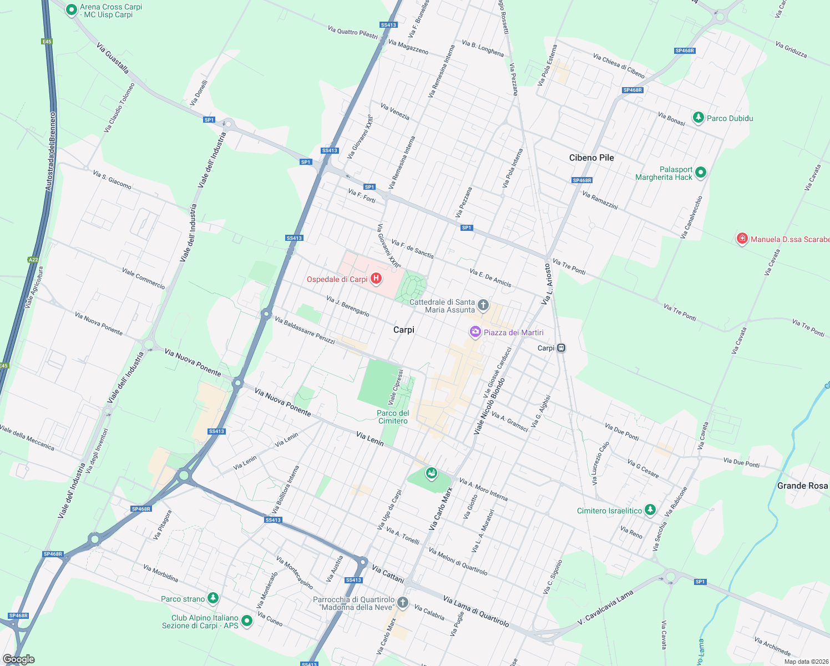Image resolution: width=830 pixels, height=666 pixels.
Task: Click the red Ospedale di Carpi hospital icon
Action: click(376, 279)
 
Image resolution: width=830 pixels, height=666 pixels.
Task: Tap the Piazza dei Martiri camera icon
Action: click(475, 332)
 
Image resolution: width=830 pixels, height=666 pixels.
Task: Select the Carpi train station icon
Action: click(561, 348)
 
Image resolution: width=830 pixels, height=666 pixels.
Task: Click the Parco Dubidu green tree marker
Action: click(699, 118)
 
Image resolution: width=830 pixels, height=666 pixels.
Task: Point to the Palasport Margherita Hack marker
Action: click(701, 173)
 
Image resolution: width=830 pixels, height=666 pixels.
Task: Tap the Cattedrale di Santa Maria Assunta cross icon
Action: click(483, 305)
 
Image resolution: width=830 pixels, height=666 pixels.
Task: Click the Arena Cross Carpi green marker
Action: click(71, 10)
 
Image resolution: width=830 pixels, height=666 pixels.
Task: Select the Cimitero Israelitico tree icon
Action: click(650, 509)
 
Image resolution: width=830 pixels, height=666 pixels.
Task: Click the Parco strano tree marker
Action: click(213, 598)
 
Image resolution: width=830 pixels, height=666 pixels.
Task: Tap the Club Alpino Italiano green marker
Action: click(247, 620)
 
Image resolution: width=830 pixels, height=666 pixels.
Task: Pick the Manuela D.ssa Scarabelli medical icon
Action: click(742, 239)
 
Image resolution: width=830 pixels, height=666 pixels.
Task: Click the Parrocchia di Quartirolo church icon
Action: click(403, 602)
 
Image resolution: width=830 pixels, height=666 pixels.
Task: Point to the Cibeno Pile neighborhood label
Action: click(591, 158)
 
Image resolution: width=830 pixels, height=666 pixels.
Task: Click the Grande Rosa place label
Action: click(802, 486)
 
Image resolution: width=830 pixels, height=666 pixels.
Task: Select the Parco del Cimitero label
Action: click(393, 417)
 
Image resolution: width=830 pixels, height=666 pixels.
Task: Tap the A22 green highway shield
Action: click(33, 260)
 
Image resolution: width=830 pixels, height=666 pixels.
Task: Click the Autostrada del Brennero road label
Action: click(50, 152)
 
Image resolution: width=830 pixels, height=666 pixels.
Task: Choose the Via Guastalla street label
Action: click(113, 58)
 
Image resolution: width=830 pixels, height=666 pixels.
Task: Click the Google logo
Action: click(19, 659)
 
